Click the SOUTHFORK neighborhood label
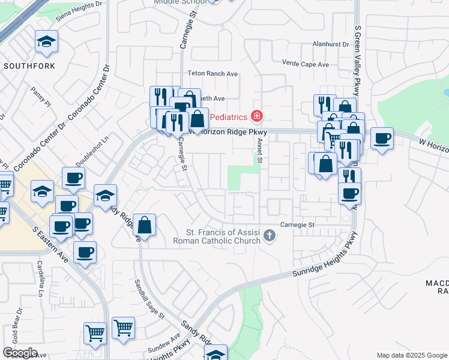(x=29, y=65)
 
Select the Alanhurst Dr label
(x=330, y=44)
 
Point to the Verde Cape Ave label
(x=306, y=64)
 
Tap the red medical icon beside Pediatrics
(x=257, y=115)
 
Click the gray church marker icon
(x=270, y=236)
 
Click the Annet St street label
(x=260, y=150)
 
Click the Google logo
(x=20, y=353)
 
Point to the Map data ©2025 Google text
(x=411, y=355)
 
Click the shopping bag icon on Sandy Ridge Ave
(x=145, y=226)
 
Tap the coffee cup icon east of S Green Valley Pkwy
(x=382, y=139)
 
